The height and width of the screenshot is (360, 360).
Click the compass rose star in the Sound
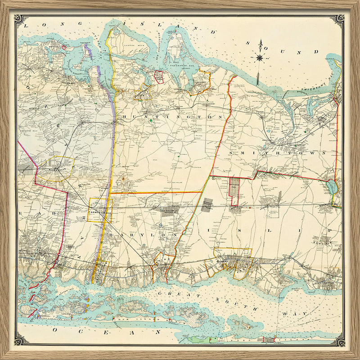click(x=260, y=57)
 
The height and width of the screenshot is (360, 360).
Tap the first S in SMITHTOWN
click(x=231, y=153)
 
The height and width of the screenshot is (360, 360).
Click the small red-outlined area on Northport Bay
click(x=158, y=76)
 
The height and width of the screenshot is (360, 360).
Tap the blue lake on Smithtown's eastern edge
click(x=332, y=186)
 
